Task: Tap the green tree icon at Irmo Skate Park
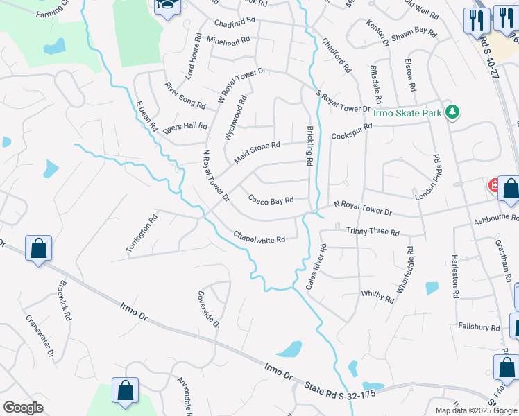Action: click(x=452, y=111)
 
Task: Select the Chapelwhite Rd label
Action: click(x=259, y=238)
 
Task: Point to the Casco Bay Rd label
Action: click(x=271, y=200)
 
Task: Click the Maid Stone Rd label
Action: click(x=257, y=153)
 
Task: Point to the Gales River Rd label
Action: click(x=316, y=267)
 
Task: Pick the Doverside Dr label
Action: click(x=207, y=309)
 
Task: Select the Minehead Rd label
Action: click(x=228, y=41)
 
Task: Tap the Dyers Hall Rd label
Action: click(x=185, y=128)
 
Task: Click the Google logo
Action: click(x=24, y=408)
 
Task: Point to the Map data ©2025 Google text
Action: click(x=476, y=410)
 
